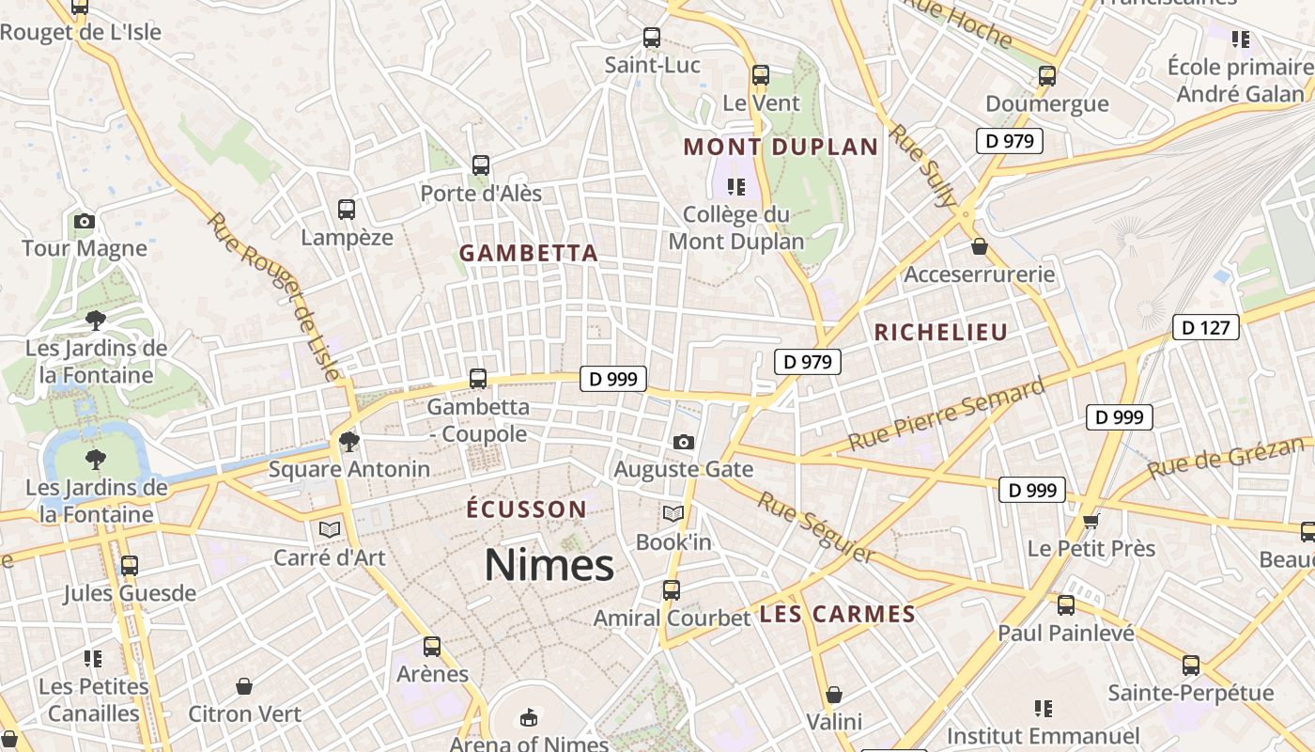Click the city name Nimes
click(x=549, y=565)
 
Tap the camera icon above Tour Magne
click(x=85, y=222)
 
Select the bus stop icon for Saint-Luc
click(x=651, y=38)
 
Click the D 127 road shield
click(x=1205, y=327)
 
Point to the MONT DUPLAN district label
click(x=781, y=147)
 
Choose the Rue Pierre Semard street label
click(x=946, y=415)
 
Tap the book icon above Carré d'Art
click(x=329, y=529)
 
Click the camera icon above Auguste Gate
click(x=684, y=442)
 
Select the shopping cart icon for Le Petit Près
click(x=1091, y=520)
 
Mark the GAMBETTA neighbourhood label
click(x=528, y=253)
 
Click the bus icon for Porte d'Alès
click(x=481, y=165)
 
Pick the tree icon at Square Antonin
click(x=348, y=441)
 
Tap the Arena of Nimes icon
click(x=529, y=717)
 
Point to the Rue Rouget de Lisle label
click(x=273, y=297)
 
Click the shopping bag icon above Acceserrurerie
click(x=980, y=246)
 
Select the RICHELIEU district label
click(x=940, y=332)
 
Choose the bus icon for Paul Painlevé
click(x=1065, y=605)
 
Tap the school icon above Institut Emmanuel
click(x=1043, y=708)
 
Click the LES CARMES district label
click(x=837, y=615)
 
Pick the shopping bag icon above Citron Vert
click(x=244, y=686)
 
